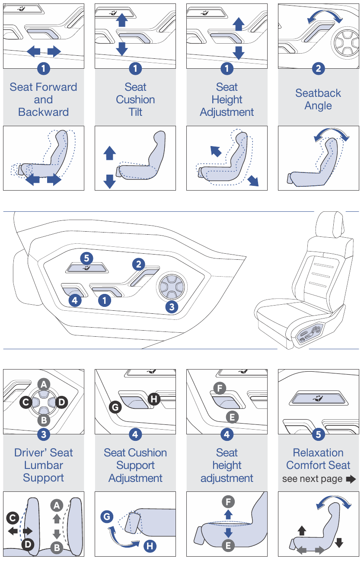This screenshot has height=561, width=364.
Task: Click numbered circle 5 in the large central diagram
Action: coord(86,258)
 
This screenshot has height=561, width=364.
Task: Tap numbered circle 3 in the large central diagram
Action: coord(172,307)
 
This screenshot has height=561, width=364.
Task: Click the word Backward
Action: coord(43,112)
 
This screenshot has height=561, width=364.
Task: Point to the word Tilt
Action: coord(135,112)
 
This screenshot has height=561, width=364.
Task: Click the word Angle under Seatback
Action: coord(318,106)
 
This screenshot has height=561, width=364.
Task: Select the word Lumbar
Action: coord(43,465)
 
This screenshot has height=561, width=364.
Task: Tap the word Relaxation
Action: coord(318,453)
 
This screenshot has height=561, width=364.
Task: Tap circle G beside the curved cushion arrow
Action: coord(107,516)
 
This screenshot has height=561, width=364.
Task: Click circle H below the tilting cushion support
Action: coord(150,546)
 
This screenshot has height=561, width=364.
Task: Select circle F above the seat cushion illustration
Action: coord(228,502)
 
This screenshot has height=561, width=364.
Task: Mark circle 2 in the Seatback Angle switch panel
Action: coord(318,69)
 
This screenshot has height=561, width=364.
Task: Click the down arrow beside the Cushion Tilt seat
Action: coord(110,181)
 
